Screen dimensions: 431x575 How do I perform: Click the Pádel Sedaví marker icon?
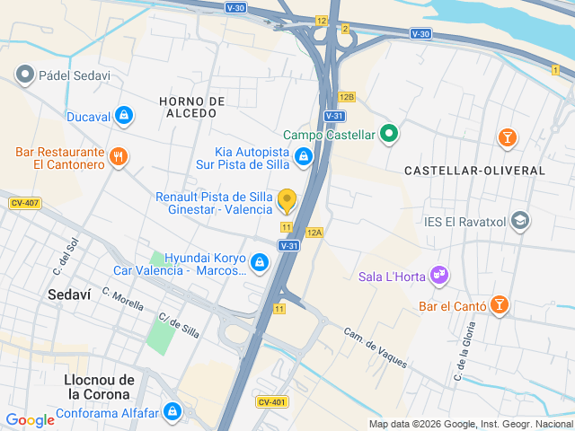coord(25,75)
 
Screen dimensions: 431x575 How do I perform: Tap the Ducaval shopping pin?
coord(124,115)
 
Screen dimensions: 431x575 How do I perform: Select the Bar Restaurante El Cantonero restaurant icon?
coord(119,158)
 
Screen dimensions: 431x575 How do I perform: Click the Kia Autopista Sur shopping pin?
coord(305,157)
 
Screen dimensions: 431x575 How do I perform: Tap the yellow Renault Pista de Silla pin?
coord(287,200)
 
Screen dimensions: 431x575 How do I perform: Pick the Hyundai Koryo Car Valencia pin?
coord(260,262)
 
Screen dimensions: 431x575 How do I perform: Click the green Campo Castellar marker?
coord(388,135)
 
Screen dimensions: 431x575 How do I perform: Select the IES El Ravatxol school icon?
coord(519,221)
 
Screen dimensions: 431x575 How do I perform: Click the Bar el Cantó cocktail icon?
coord(500,306)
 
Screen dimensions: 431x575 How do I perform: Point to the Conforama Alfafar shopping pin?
coord(172,413)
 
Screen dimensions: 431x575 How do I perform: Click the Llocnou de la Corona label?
coord(99,387)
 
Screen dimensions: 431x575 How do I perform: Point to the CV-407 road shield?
coord(24,203)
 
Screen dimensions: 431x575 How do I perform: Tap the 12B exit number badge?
coord(347,96)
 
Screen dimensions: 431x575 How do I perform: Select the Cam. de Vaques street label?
coord(376,347)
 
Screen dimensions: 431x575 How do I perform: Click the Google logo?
coord(30,419)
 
